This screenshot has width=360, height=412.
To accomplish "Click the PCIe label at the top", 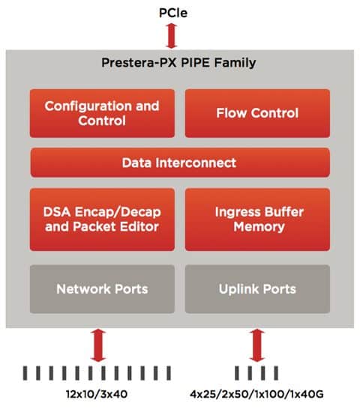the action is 173,13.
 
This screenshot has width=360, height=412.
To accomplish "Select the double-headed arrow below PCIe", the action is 171,36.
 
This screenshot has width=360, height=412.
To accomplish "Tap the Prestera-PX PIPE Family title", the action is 178,63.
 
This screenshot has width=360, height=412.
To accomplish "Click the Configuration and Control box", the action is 102,113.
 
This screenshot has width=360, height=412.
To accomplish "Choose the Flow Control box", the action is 257,113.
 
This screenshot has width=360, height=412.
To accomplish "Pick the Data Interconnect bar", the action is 180,163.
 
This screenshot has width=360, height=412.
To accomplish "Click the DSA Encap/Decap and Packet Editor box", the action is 102,219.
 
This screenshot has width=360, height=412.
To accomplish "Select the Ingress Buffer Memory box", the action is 257,219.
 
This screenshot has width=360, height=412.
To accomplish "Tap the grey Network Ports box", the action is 102,289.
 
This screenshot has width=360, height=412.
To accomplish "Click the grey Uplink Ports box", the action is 257,289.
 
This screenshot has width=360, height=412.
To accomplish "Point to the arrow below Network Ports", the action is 98,345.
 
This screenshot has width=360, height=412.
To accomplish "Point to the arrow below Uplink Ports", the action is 257,345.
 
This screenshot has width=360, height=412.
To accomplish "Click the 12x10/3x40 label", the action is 97,394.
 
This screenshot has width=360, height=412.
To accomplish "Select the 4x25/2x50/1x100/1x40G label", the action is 256,394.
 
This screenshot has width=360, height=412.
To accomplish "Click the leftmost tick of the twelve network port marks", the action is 25,373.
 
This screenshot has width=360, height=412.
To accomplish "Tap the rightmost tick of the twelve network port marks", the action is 169,373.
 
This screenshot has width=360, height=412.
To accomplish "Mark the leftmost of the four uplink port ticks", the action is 237,373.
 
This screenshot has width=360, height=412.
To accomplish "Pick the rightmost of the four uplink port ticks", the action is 276,373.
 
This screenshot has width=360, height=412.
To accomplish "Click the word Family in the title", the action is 235,63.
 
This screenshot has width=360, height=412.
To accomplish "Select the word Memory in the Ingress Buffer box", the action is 259,227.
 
